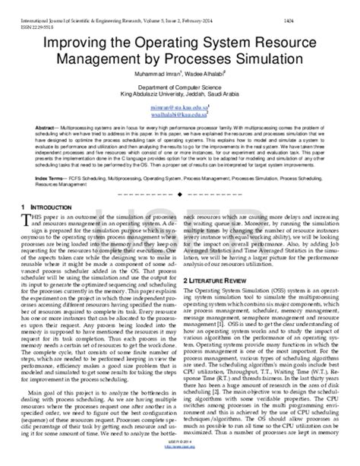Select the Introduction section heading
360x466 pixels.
pyautogui.click(x=55, y=208)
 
